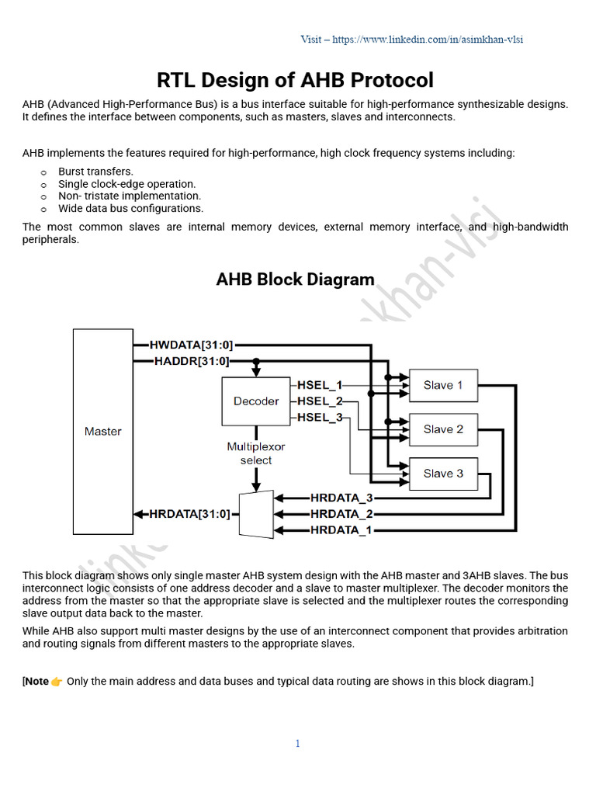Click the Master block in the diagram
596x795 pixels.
tap(102, 432)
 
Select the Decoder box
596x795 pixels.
tap(256, 401)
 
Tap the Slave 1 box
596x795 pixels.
tap(443, 385)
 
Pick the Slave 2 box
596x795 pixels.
tap(443, 429)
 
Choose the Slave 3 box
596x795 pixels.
tap(443, 474)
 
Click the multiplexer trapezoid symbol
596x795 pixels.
tap(256, 513)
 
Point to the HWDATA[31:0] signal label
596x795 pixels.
tap(191, 345)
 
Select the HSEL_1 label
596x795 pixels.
tap(320, 385)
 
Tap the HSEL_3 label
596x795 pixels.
tap(320, 418)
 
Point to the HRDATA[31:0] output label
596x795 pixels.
tap(189, 514)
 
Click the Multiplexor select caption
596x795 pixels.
tap(256, 453)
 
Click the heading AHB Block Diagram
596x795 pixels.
tap(295, 279)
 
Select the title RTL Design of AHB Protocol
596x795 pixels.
tap(295, 80)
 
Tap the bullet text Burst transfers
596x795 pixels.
tap(95, 172)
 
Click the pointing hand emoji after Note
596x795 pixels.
tap(57, 682)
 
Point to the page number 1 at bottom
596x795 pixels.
tap(297, 744)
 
